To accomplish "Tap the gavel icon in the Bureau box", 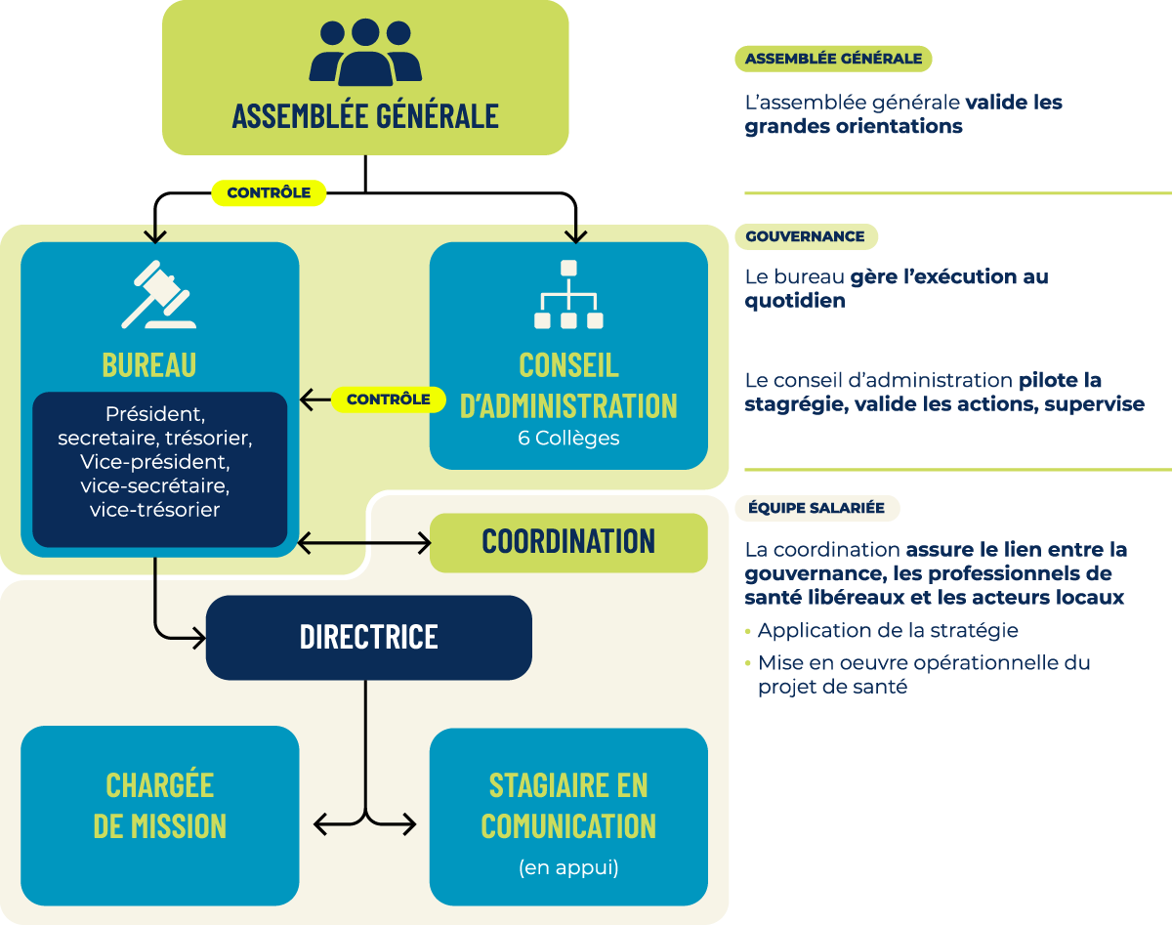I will click(158, 294).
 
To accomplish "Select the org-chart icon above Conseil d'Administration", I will click(568, 294).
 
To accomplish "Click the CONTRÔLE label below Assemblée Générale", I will click(269, 193).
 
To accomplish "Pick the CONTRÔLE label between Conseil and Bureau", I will click(388, 399).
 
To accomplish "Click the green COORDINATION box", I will click(568, 542).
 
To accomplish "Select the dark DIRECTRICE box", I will click(368, 637).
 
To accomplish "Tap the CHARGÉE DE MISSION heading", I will click(160, 806).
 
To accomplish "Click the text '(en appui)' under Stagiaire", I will click(568, 867).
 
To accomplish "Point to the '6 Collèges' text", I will click(568, 439).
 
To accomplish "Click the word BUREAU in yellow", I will click(149, 365).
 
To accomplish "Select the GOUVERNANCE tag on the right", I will click(805, 236).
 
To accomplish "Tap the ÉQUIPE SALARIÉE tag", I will click(816, 508).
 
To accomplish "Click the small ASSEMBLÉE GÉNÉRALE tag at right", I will click(833, 59).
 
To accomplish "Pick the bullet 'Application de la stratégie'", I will click(887, 631).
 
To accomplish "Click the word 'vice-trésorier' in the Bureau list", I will click(154, 509).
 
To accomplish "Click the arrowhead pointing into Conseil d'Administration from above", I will click(576, 236).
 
